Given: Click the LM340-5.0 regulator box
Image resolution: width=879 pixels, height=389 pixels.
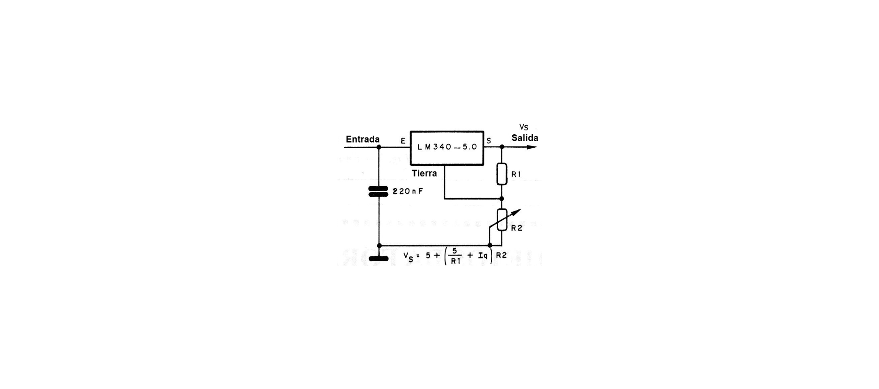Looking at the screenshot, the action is [x=447, y=148].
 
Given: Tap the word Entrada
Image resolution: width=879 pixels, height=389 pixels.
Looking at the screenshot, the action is [x=363, y=139].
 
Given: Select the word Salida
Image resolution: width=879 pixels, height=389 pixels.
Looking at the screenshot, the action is [x=525, y=138].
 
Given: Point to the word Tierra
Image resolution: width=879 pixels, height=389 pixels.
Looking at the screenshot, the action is [x=424, y=174].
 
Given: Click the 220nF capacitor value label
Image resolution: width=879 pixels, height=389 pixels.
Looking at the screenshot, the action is [x=408, y=191].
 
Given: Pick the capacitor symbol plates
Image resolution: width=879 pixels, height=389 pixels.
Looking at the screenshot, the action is [x=378, y=191].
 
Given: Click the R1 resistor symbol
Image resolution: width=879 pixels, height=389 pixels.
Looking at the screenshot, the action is [x=502, y=174].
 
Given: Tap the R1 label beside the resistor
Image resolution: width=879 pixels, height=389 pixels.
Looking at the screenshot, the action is [x=516, y=175].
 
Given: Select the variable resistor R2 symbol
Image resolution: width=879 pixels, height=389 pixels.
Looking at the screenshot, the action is [x=502, y=220].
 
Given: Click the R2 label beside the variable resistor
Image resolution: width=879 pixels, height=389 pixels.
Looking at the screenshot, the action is [x=516, y=228].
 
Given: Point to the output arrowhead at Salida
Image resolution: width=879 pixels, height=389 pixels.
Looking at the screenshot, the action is [x=532, y=147].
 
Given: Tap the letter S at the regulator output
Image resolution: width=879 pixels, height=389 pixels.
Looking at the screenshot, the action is [x=489, y=141].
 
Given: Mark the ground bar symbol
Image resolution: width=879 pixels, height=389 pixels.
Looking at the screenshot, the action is [x=378, y=258].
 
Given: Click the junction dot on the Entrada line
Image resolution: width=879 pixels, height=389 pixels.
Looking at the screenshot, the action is [x=378, y=147].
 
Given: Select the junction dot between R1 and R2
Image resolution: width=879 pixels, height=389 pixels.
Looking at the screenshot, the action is [x=502, y=199].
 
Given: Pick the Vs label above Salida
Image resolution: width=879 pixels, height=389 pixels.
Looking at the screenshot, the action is [x=524, y=127].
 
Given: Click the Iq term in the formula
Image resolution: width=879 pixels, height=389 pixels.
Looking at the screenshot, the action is [x=483, y=255].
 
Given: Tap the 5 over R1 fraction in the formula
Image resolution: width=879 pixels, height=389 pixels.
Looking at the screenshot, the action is [x=456, y=255].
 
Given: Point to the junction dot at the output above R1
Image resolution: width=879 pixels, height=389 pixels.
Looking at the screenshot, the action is [x=502, y=147].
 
